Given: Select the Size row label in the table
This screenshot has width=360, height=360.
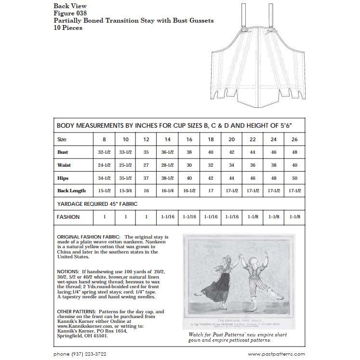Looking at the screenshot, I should point(62,139).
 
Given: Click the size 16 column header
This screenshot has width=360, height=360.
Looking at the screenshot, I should point(188,139).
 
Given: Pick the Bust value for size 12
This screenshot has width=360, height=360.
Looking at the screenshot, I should point(146,152).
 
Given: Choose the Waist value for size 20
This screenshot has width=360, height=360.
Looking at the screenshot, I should point(231,165).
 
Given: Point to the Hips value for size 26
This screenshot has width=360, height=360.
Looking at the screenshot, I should point(295,178).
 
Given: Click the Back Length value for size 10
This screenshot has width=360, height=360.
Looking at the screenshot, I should point(125,191).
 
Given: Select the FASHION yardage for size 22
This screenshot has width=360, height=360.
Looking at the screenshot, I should point(253,217).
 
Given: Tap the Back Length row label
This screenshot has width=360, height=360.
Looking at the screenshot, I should point(72,191).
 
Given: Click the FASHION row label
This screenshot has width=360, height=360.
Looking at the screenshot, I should point(68,217).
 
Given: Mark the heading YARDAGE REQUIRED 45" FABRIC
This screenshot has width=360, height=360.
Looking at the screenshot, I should point(97,204).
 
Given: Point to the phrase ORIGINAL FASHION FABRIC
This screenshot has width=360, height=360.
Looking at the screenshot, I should point(89,237).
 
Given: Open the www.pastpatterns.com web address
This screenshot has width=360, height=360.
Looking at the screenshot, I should point(276,354).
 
